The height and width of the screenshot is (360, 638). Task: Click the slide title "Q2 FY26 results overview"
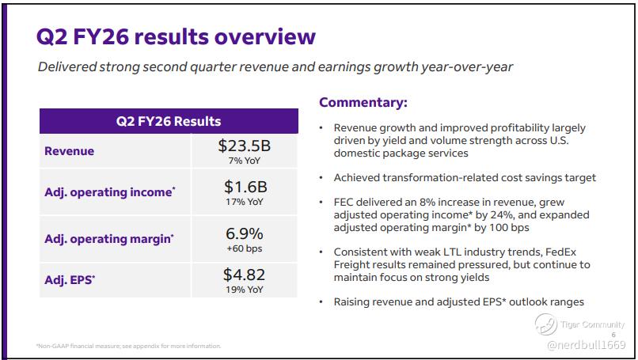[176, 36]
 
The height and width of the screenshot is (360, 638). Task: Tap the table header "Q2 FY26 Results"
[169, 121]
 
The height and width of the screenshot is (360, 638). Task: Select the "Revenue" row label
[69, 151]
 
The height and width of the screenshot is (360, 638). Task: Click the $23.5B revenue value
[244, 146]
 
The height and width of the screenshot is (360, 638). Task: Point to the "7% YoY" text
[244, 161]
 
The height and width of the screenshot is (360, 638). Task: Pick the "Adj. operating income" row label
[110, 192]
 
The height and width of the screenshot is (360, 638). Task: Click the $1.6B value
[245, 187]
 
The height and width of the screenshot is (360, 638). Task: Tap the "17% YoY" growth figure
[245, 202]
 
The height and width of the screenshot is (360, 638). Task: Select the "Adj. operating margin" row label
[109, 239]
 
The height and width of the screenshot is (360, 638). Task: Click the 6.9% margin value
[244, 233]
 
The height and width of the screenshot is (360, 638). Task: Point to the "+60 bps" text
[244, 248]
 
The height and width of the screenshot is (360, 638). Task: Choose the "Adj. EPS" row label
[70, 280]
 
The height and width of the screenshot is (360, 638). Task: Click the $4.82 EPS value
[244, 275]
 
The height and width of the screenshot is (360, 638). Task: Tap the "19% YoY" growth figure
[245, 290]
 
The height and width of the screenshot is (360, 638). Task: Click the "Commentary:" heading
[363, 102]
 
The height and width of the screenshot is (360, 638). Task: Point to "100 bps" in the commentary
[509, 227]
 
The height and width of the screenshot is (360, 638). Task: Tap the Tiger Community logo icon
[545, 324]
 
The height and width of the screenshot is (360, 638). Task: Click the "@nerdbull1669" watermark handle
[587, 345]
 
